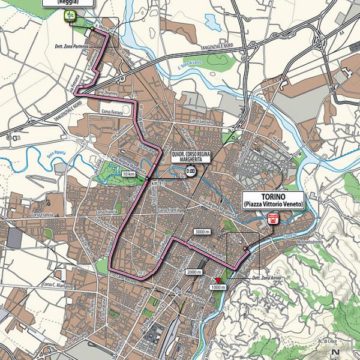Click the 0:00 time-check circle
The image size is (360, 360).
click(x=190, y=171)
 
